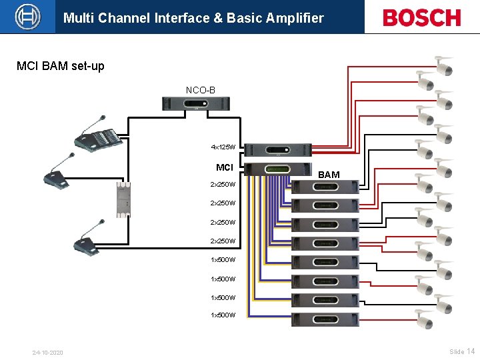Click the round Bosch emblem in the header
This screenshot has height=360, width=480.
click(x=27, y=17)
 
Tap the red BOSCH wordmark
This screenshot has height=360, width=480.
click(x=421, y=18)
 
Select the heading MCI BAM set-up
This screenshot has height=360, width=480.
click(x=61, y=67)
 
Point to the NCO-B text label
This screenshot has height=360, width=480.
click(x=200, y=89)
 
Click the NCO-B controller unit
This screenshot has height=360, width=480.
click(x=197, y=104)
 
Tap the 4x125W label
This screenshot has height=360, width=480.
click(x=223, y=147)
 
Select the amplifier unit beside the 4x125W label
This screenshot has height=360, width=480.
click(x=279, y=150)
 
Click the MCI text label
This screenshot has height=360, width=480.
click(x=225, y=167)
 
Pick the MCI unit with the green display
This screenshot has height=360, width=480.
click(x=279, y=169)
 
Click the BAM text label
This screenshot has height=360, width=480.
click(x=329, y=175)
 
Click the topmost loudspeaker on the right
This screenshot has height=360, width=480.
click(x=444, y=66)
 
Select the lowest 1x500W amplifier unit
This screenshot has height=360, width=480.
click(x=326, y=319)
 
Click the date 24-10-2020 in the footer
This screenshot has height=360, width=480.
click(x=47, y=352)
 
